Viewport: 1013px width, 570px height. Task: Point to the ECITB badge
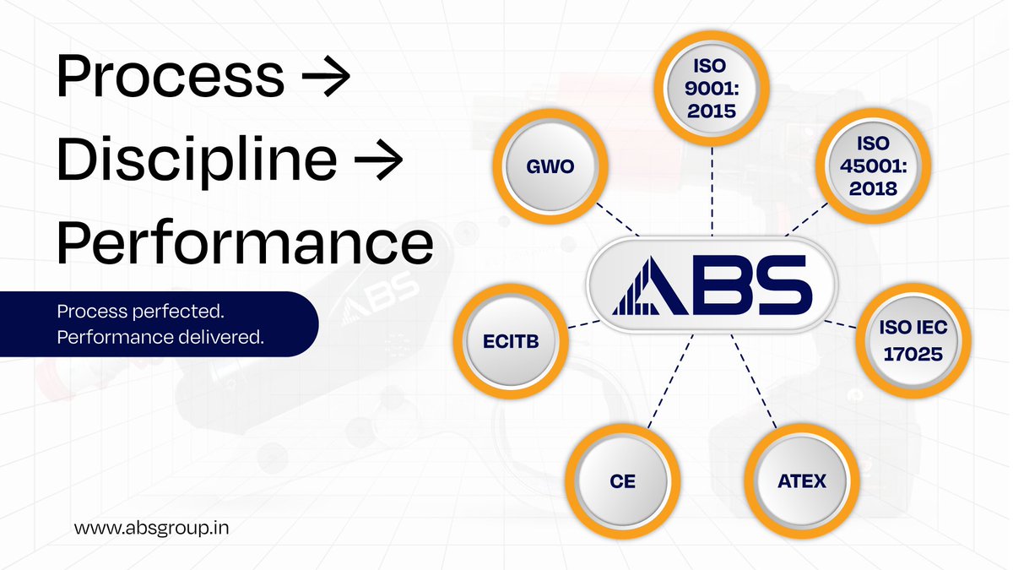(510, 340)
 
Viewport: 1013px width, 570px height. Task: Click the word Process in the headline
(170, 76)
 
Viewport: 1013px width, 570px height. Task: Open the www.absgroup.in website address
(153, 528)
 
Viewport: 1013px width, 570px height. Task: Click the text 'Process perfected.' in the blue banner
(140, 312)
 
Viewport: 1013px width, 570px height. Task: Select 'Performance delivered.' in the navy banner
(160, 338)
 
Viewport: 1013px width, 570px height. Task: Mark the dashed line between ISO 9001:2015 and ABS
(712, 190)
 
